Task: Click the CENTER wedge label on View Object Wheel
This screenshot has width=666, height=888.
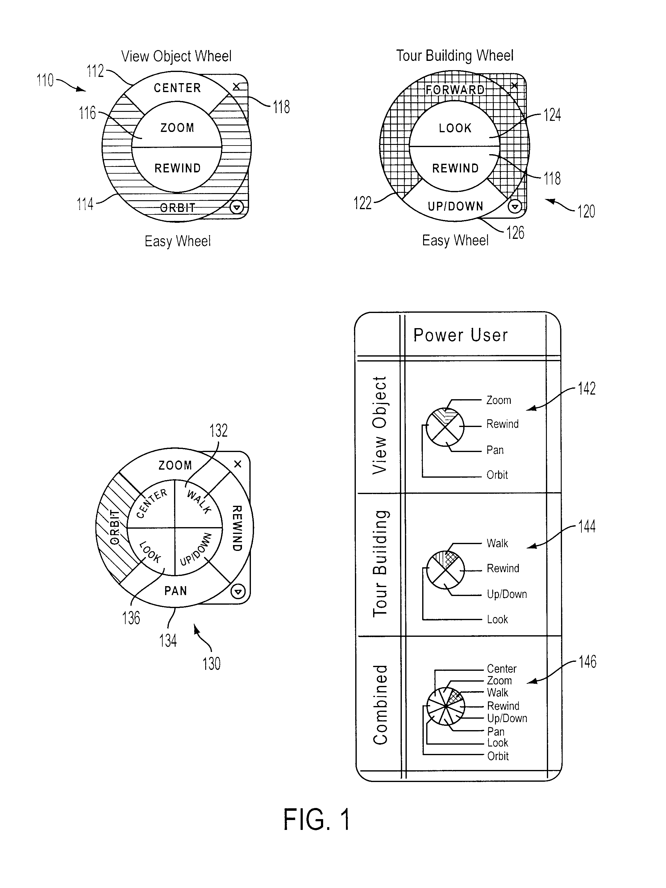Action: [177, 88]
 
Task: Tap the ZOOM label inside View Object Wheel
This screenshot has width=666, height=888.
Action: [177, 128]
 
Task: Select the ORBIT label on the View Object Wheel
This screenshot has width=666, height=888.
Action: [177, 208]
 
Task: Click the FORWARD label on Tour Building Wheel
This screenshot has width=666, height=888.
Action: [455, 90]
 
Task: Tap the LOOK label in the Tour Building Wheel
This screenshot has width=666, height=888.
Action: [455, 128]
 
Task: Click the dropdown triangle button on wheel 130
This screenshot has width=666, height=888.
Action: [238, 591]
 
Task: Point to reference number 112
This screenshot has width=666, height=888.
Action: [95, 71]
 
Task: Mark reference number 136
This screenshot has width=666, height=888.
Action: [131, 618]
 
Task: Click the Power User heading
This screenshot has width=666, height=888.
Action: [460, 335]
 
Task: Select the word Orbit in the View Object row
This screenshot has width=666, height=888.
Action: [497, 475]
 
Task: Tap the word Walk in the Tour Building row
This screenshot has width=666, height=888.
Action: [497, 543]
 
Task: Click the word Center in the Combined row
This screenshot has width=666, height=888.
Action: [502, 669]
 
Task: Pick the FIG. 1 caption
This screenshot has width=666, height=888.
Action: [316, 819]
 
